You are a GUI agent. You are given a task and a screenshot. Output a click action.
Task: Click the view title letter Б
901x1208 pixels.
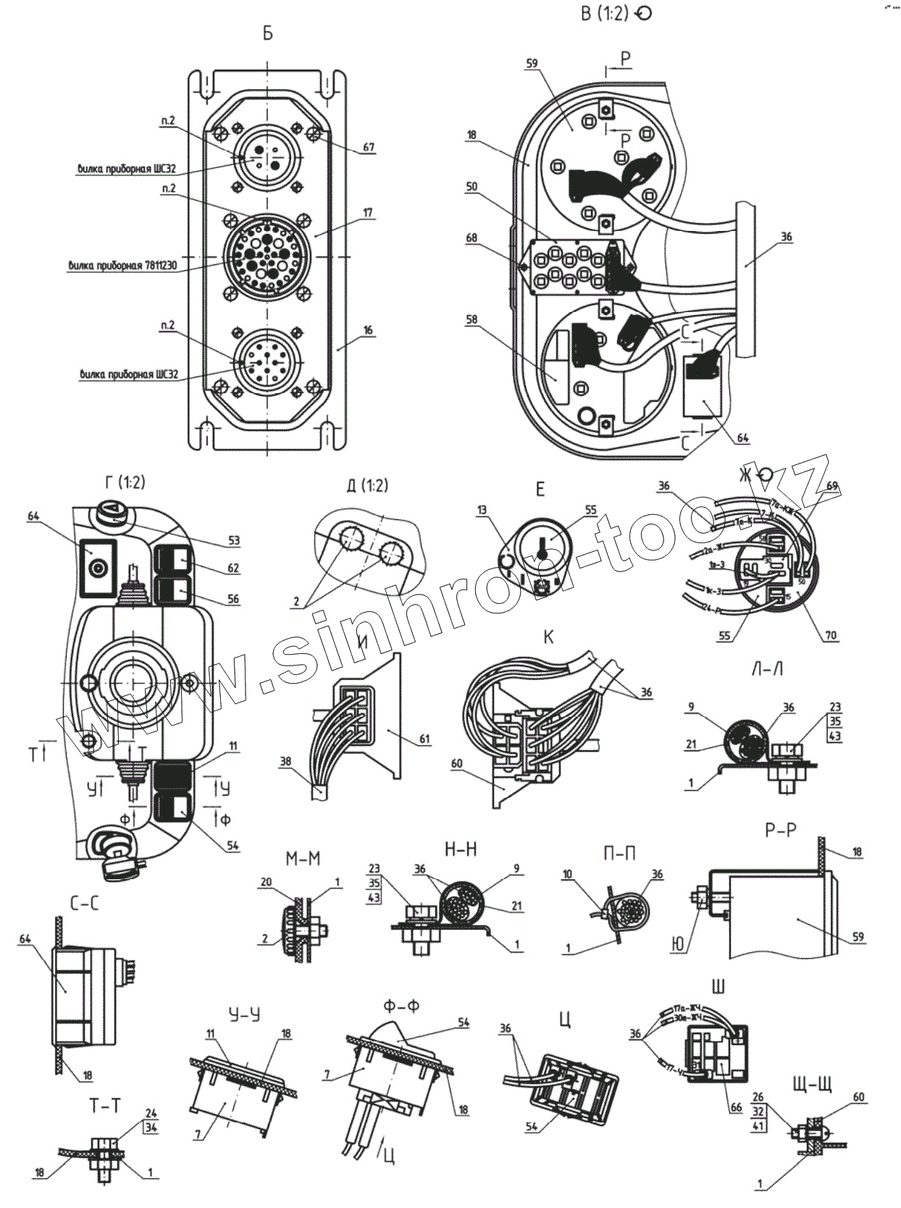268,34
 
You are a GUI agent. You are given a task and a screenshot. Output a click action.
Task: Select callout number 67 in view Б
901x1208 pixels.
369,147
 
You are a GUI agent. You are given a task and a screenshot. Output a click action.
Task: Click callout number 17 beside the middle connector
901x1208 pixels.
368,213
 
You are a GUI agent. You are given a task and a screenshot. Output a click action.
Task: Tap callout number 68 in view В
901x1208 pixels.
472,238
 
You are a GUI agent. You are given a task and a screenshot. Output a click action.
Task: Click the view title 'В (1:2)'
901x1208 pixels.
605,14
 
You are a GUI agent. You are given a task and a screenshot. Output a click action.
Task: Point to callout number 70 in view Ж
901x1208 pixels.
830,635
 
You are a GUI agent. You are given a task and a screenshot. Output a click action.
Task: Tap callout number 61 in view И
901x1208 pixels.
424,739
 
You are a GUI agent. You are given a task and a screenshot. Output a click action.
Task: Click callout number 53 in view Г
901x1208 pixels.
233,540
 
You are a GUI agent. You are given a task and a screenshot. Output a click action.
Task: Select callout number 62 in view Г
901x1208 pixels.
233,569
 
